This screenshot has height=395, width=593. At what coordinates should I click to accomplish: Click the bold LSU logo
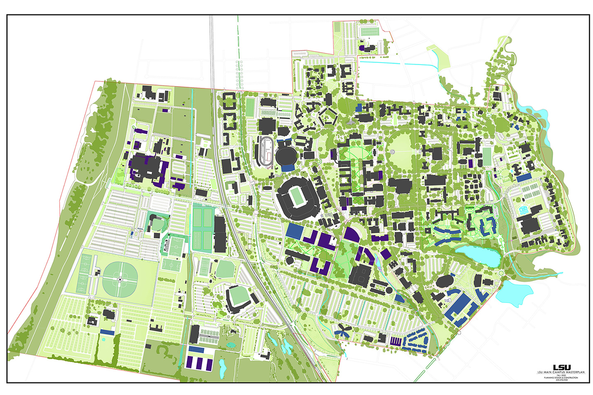coord(561,367)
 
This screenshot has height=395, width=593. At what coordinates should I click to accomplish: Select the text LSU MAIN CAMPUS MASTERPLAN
coord(561,372)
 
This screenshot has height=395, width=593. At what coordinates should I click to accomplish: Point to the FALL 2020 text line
coord(561,375)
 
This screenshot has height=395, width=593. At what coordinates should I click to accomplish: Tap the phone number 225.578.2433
coord(561,380)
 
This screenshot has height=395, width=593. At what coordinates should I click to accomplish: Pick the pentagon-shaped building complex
coord(328,118)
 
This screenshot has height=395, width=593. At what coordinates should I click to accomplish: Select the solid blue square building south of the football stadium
coord(294,230)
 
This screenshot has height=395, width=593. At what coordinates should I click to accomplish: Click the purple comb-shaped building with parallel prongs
coord(396,341)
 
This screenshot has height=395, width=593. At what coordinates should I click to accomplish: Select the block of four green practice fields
coord(203,228)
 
